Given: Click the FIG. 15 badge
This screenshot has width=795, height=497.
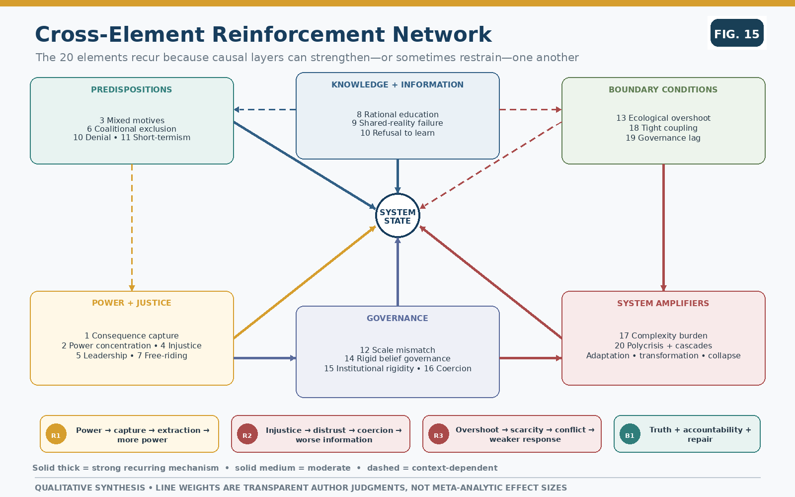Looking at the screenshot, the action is [737, 33].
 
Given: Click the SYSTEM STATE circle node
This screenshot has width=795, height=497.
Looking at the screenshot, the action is [397, 216].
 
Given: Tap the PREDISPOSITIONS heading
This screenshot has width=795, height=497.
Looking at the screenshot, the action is [131, 89].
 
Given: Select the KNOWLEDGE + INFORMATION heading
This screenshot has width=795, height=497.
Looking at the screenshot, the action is [397, 84].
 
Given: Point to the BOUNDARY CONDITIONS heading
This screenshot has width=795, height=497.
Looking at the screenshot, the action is [663, 89].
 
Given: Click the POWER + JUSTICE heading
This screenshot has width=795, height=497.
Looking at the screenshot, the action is [131, 303].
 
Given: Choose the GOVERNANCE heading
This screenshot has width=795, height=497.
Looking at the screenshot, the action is [397, 318].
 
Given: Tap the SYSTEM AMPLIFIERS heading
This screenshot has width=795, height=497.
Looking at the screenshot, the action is [663, 303].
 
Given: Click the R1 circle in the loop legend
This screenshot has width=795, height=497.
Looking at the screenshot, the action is [56, 434].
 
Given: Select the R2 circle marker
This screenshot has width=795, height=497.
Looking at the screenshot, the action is [247, 434].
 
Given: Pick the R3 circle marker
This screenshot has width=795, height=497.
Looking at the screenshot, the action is [439, 434].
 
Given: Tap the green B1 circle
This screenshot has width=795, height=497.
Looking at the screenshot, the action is [630, 434].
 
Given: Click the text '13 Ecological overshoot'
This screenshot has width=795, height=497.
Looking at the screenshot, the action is [663, 118].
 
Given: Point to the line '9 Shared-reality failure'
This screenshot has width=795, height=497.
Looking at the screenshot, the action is [397, 123].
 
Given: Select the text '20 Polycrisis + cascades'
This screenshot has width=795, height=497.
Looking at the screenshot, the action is [663, 345].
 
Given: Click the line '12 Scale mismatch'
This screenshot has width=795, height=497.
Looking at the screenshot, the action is [397, 350].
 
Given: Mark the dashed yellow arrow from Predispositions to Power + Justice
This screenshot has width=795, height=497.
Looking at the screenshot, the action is [132, 228].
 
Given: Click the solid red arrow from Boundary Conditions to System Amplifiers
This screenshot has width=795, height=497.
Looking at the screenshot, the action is [663, 228].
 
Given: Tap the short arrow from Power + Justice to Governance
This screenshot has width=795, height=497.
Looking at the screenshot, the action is [265, 358].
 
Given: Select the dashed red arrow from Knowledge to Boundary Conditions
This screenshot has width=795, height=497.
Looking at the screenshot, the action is [531, 110].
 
